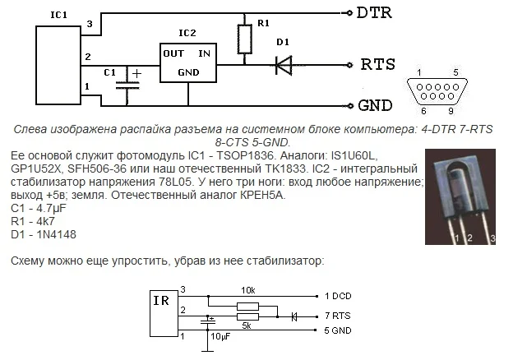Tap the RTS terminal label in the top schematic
point(377,64)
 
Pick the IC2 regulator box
point(187,62)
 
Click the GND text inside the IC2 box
point(188,72)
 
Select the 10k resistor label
point(249,291)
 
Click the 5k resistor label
point(246,325)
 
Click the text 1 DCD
point(339,295)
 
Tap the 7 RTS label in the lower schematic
point(339,316)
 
